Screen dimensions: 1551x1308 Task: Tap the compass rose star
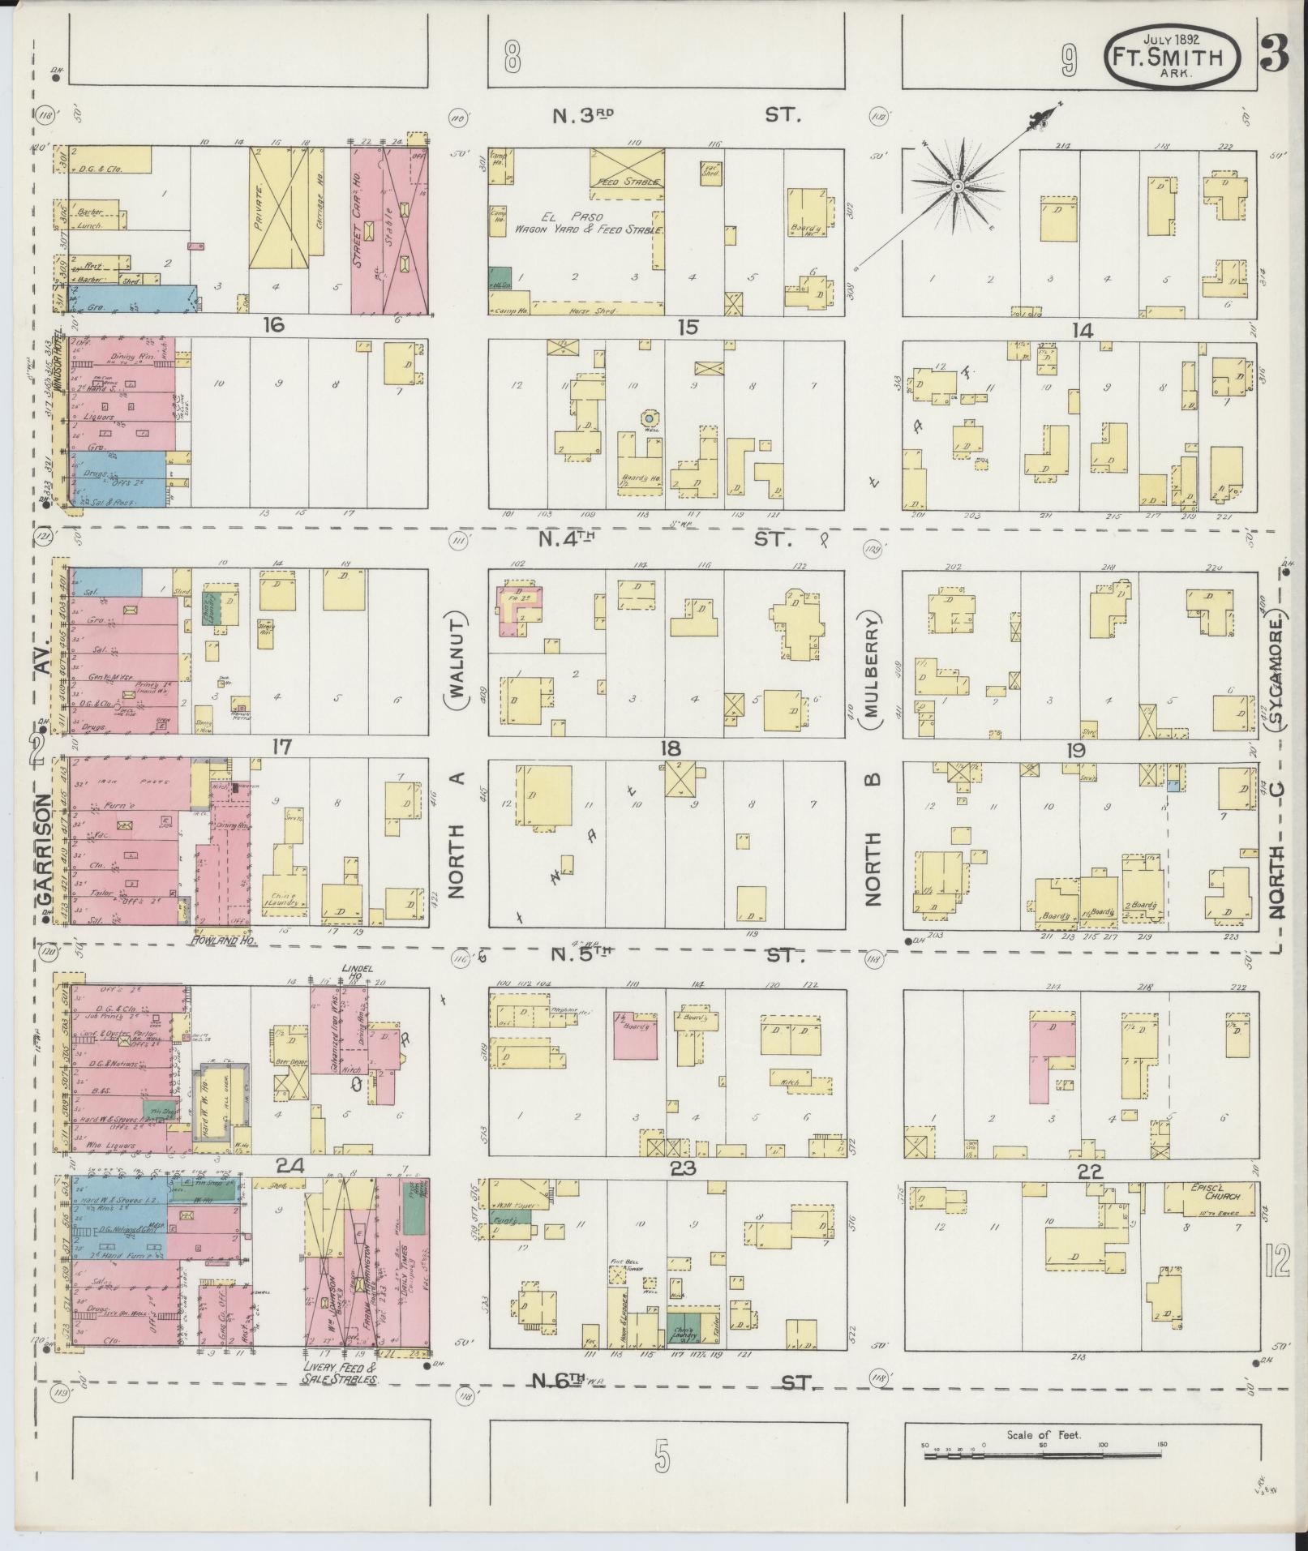(958, 186)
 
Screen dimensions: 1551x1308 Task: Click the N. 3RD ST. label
(675, 115)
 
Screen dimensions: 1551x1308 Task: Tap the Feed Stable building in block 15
(627, 169)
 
